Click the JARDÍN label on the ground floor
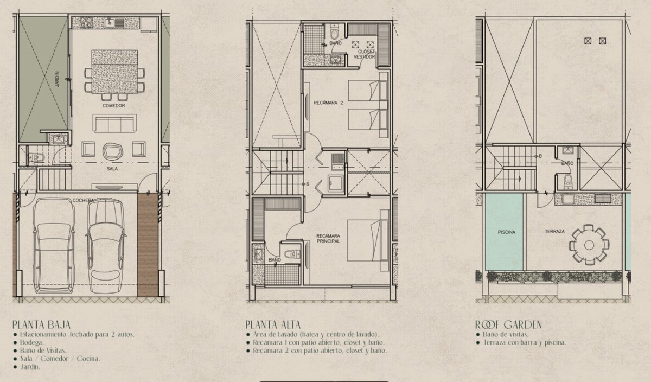[x=58, y=79]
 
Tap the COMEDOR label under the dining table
[x=113, y=105]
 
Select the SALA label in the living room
[x=112, y=169]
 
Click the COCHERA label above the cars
[x=83, y=200]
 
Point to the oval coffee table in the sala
[x=113, y=151]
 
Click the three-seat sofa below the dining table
[x=114, y=123]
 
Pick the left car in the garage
[x=54, y=246]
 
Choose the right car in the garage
[x=106, y=246]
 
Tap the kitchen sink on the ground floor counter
[x=110, y=23]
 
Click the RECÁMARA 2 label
[x=328, y=103]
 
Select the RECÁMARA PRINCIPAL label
[x=328, y=239]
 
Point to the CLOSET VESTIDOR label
[x=364, y=54]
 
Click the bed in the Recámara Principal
[x=368, y=240]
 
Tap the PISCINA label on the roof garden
[x=507, y=232]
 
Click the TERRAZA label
[x=554, y=231]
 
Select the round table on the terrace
[x=589, y=245]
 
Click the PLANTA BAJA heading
[x=41, y=324]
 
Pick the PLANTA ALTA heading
[x=273, y=324]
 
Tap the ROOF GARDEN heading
[x=508, y=324]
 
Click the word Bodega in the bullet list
[x=32, y=342]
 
